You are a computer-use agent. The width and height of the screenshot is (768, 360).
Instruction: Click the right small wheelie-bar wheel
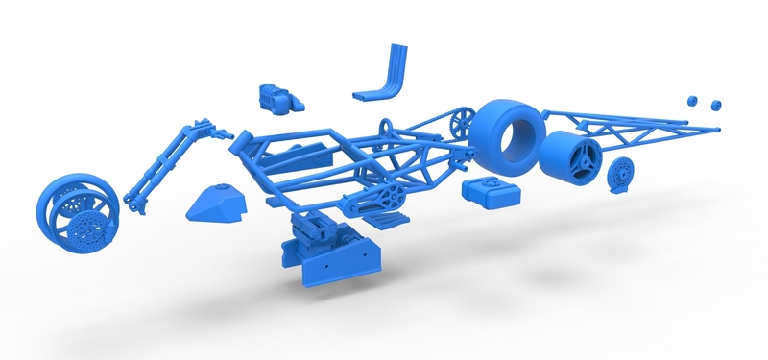click(714, 102)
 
